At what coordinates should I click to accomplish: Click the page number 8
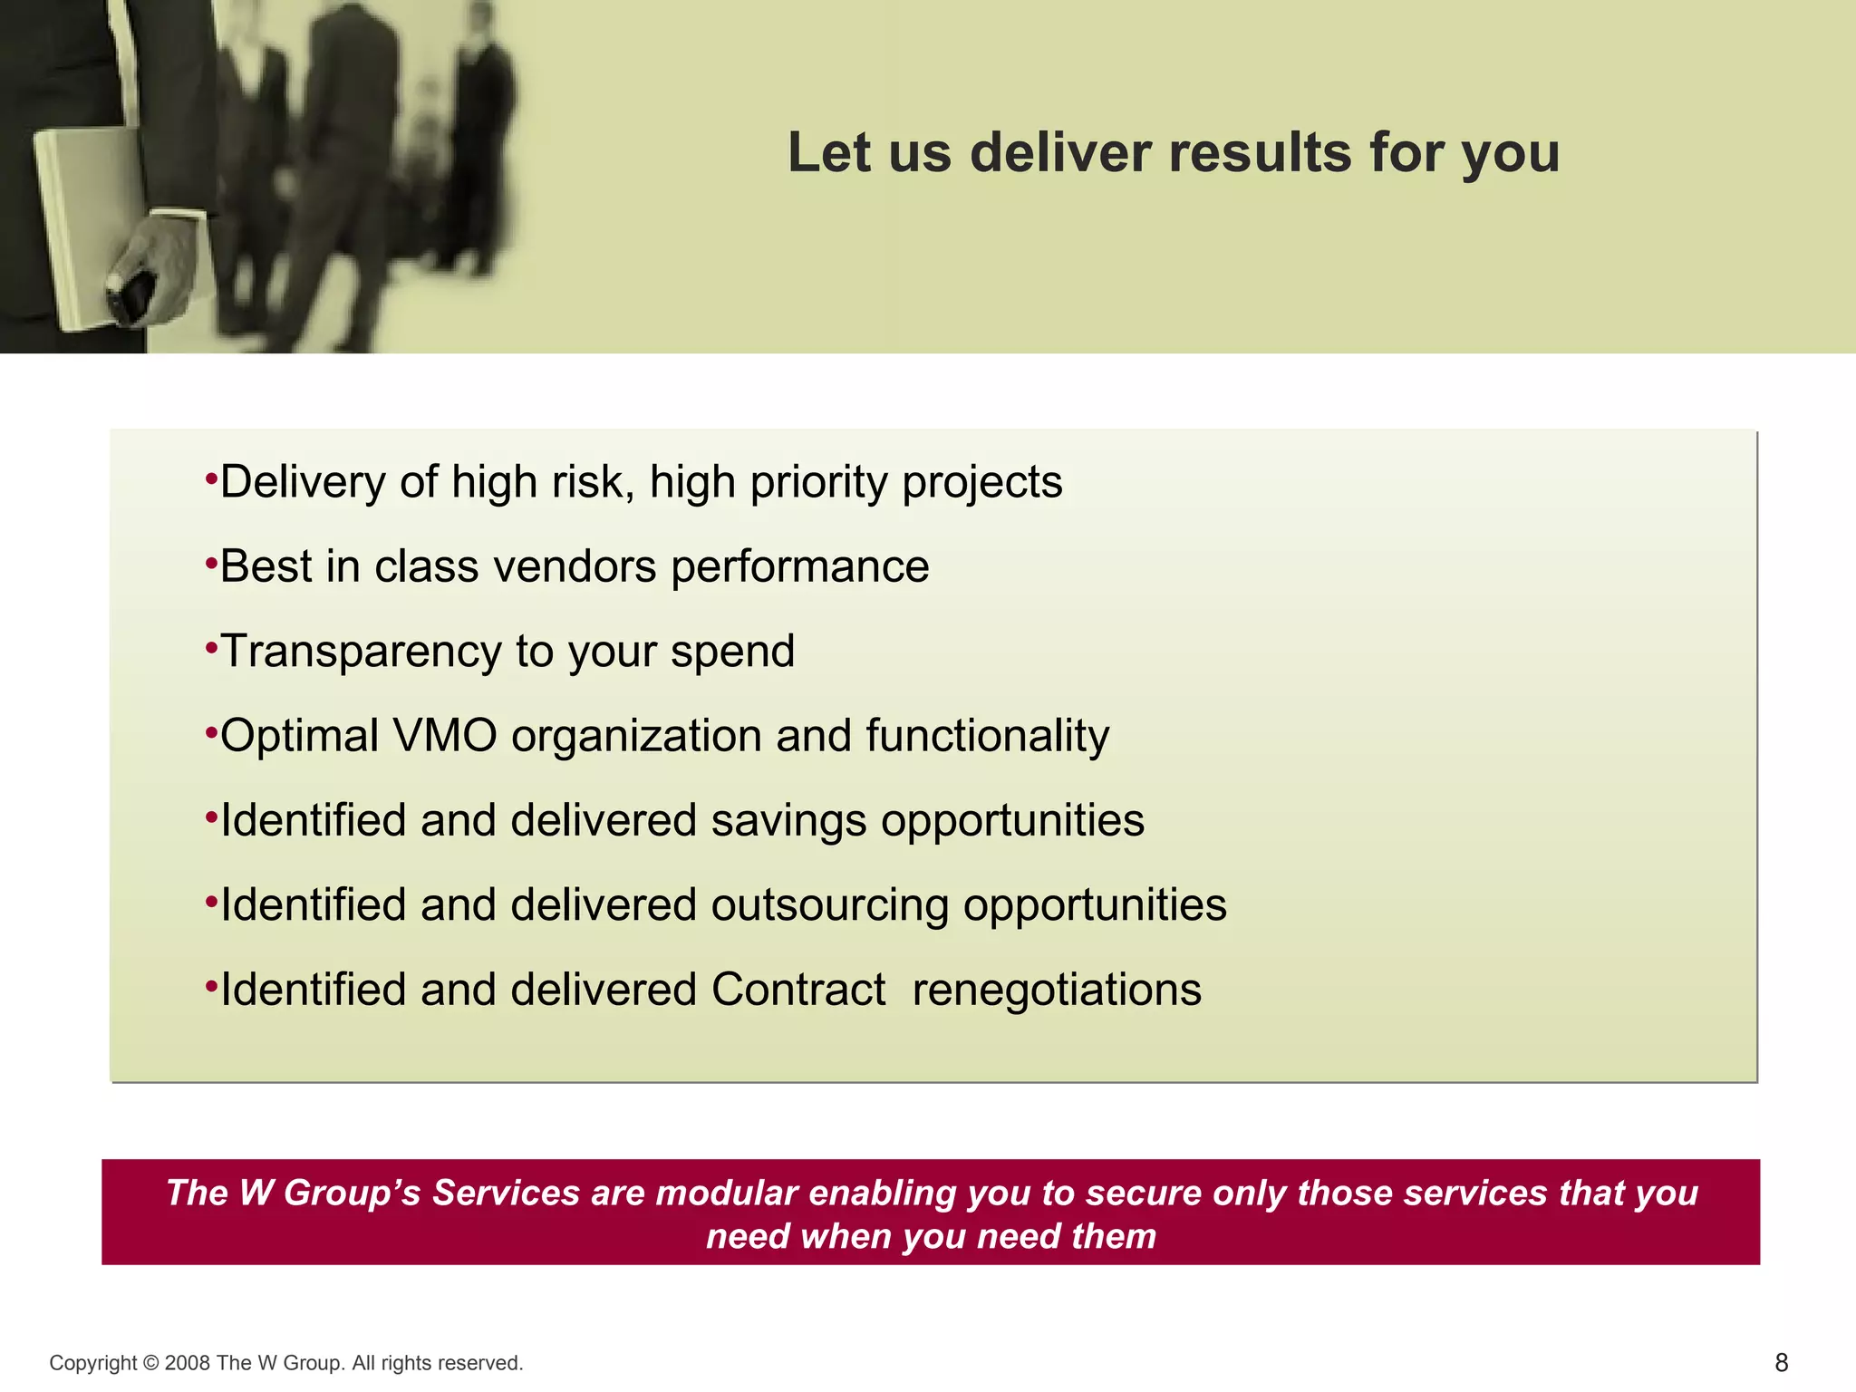point(1781,1362)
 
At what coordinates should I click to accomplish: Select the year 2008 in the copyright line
point(188,1363)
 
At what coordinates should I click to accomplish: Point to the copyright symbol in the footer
point(150,1363)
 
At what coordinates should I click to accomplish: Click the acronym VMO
point(445,735)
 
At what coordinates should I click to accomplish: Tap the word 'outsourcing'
point(829,904)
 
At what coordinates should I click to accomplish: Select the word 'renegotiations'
point(1057,989)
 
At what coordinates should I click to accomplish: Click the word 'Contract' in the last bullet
point(798,989)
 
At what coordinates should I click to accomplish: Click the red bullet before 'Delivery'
point(211,478)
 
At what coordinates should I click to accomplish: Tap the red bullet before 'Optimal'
point(211,731)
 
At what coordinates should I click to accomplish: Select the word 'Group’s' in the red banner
point(353,1193)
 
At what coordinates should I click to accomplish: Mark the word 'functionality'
point(987,735)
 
